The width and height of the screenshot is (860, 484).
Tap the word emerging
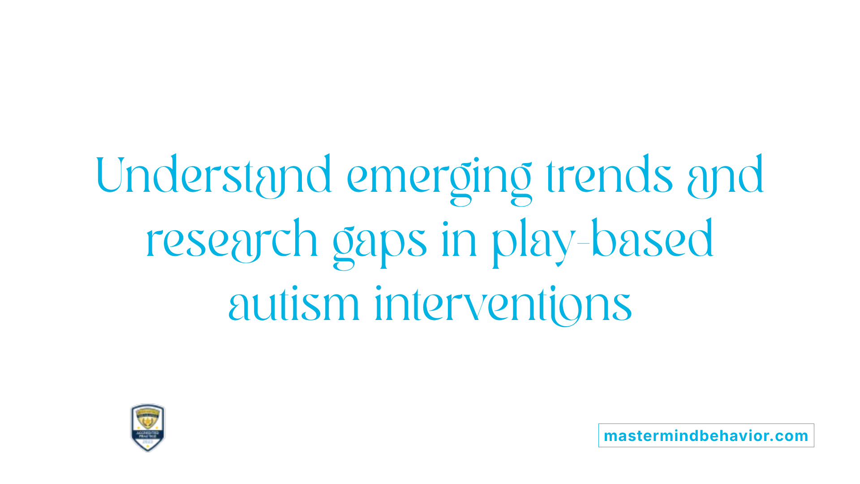click(x=439, y=177)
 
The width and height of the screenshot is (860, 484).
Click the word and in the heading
click(x=725, y=176)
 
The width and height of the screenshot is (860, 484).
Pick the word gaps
click(x=379, y=242)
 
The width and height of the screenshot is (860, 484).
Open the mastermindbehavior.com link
click(x=706, y=436)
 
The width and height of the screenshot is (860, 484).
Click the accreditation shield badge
click(x=148, y=428)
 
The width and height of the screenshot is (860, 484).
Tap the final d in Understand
click(x=319, y=175)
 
